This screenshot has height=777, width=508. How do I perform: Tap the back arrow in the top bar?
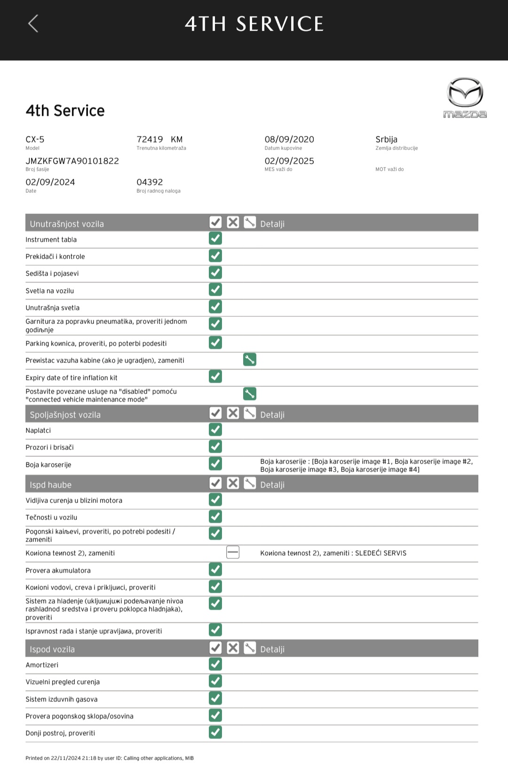pos(33,24)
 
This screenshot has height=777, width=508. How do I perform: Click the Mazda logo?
pos(465,98)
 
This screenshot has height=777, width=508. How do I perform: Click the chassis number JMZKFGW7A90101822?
pos(72,161)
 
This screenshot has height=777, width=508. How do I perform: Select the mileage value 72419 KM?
pos(159,140)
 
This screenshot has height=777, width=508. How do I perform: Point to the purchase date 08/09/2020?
pos(289,140)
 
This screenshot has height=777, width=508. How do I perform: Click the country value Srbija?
pos(386,140)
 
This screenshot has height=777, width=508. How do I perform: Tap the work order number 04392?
pos(150,182)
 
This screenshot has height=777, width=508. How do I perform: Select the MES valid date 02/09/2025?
pos(289,161)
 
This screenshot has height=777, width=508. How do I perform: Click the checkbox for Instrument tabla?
pos(215,238)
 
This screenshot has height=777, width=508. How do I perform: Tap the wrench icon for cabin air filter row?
pos(250,360)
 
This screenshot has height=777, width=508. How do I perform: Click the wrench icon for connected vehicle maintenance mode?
pos(250,393)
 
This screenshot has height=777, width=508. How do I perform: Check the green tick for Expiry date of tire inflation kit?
pos(215,377)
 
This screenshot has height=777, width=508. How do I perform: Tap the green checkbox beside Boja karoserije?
pos(215,463)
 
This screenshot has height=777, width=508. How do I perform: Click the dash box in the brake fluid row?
pos(233,552)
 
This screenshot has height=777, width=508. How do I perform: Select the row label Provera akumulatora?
pos(58,571)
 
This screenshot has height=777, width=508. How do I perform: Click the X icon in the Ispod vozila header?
pos(233,648)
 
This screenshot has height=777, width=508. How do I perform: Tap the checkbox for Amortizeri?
pos(215,664)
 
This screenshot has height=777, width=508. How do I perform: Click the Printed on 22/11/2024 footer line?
pos(109,758)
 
